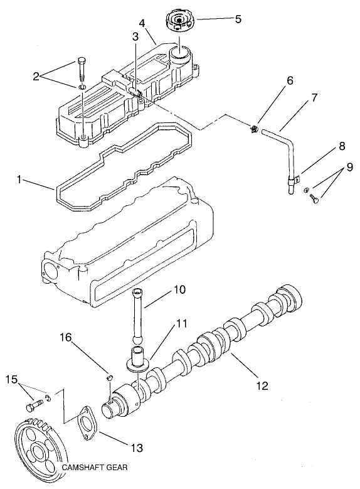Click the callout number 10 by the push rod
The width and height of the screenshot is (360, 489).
pos(180,290)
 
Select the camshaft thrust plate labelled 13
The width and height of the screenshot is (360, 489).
pos(85,421)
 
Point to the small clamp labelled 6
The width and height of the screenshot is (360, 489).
pos(254,130)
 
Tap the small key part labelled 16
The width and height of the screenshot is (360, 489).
pos(108,377)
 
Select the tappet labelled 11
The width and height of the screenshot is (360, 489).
pos(137,360)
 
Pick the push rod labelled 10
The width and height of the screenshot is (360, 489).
pos(138,314)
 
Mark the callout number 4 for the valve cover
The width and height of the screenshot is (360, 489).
pos(144,24)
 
